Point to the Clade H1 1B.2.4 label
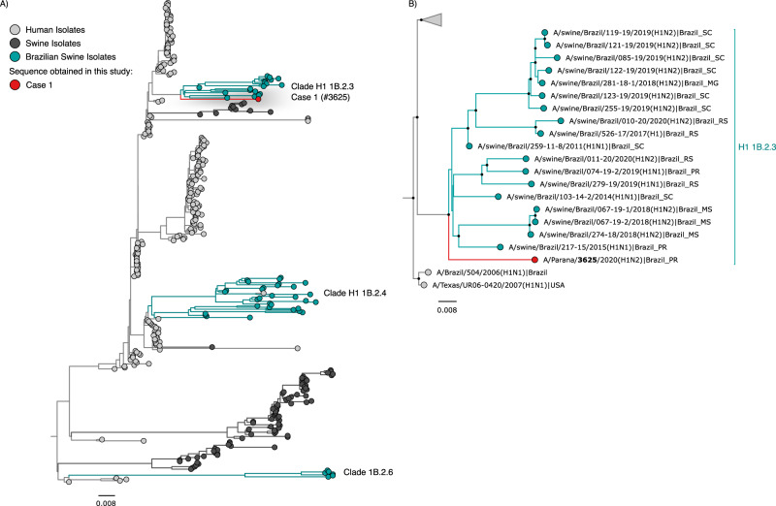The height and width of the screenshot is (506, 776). [x=345, y=293]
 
